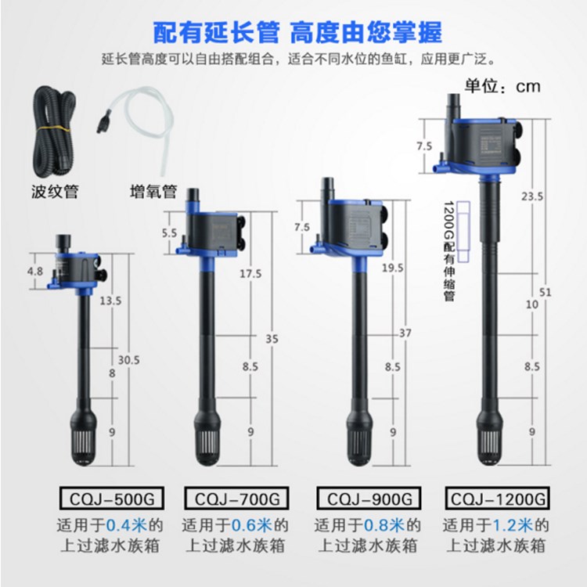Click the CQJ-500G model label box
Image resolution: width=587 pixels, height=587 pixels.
pos(103,498)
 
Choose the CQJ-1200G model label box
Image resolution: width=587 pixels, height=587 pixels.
pos(496,498)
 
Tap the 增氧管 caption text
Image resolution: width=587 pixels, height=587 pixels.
pos(153,191)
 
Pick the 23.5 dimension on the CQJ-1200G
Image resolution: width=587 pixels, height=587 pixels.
pos(532,197)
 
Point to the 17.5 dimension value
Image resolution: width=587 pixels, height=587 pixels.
pos(250,273)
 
